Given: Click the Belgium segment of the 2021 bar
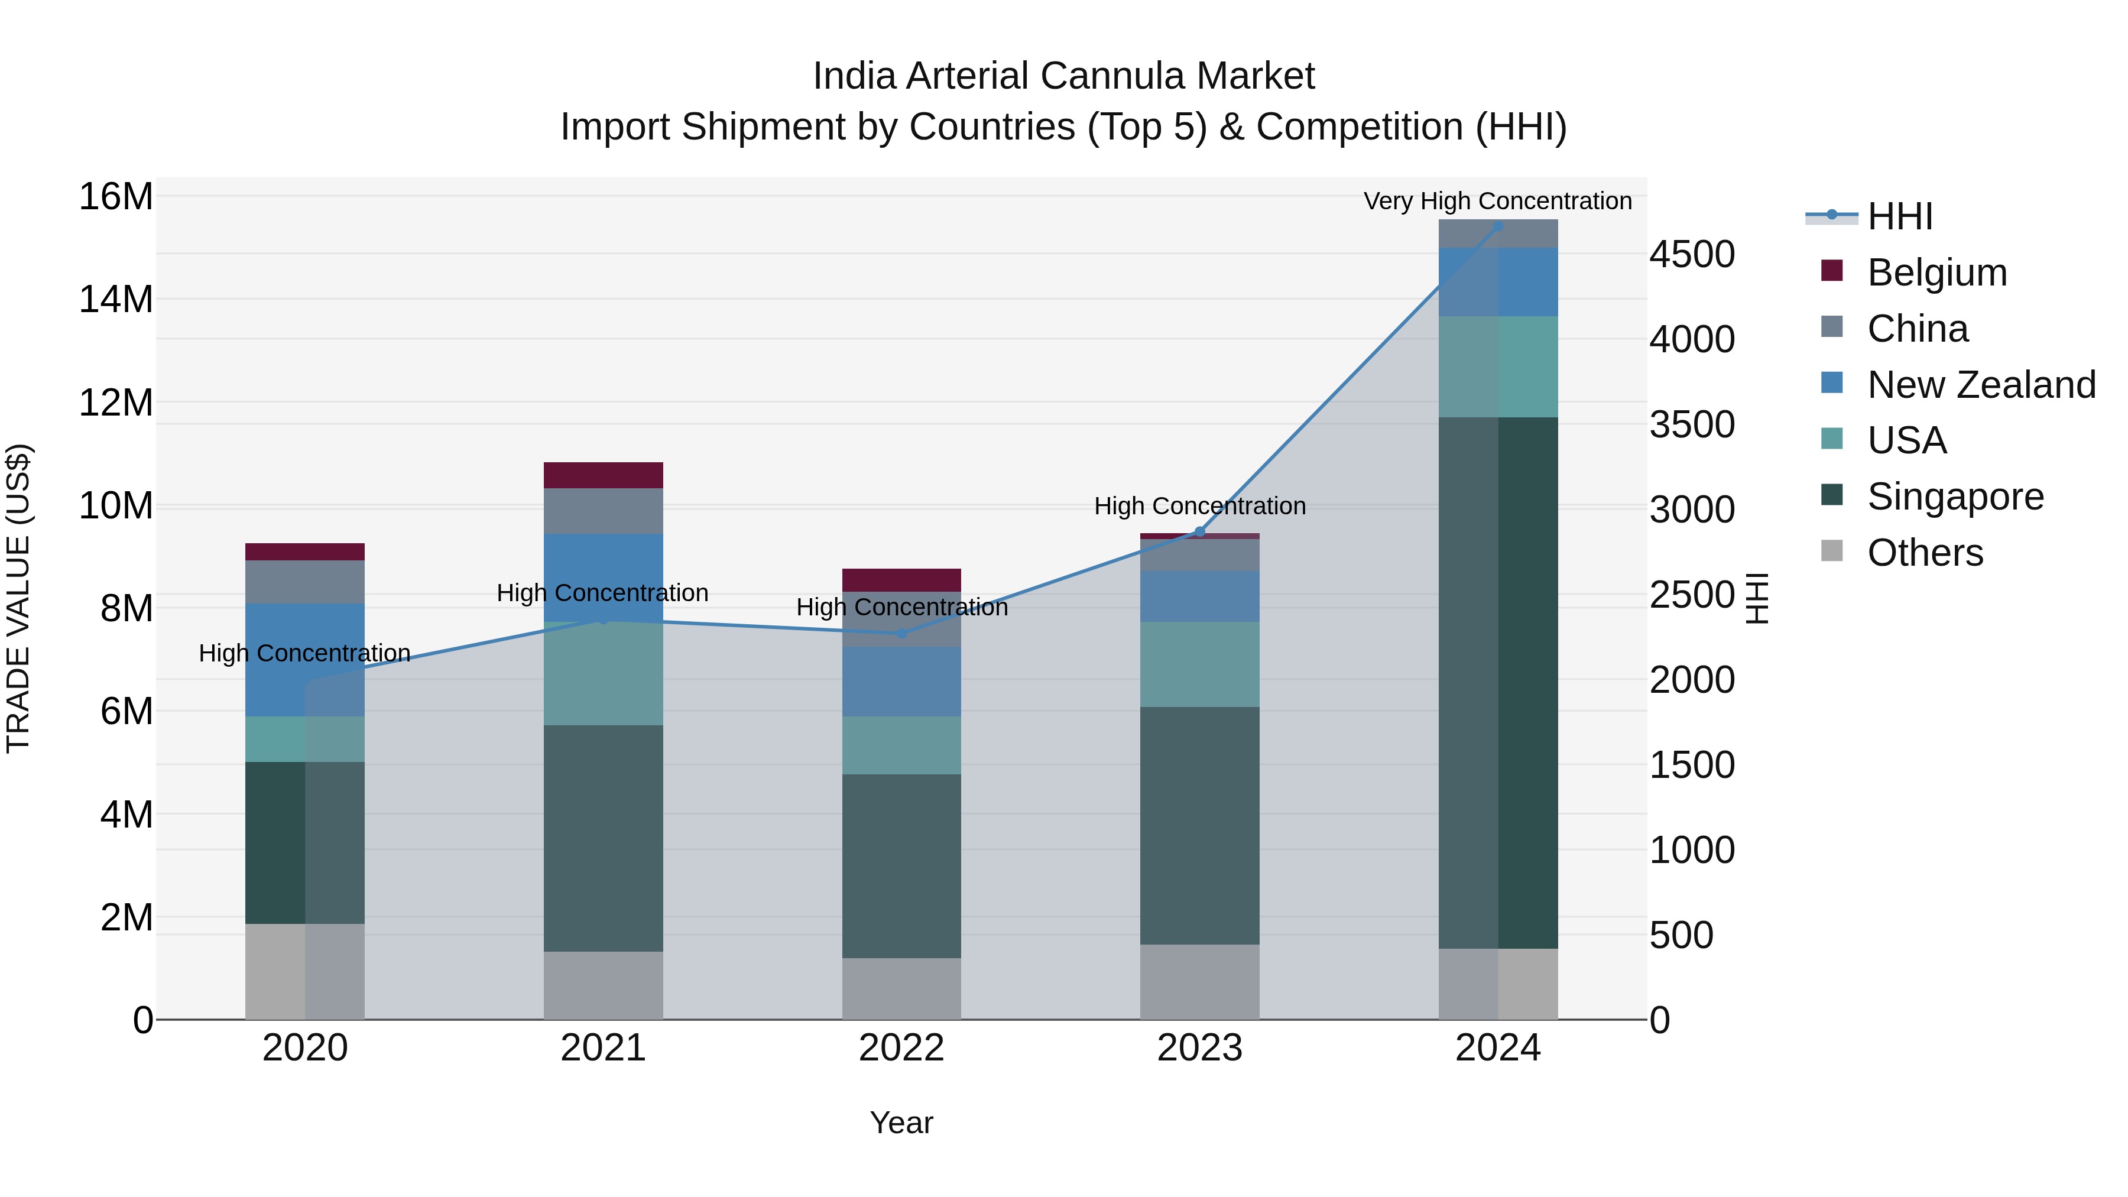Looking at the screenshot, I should (603, 475).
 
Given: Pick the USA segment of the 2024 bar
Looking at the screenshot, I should (1498, 366).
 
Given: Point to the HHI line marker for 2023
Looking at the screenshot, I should (1199, 531).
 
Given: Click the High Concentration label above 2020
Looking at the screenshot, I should (305, 653).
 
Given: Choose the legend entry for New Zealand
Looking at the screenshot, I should (1981, 385).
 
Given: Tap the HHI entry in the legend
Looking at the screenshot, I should (1899, 216).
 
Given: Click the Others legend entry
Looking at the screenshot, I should (1925, 553).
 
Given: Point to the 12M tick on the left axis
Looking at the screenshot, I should (116, 403).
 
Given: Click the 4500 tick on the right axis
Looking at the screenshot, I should (1692, 254).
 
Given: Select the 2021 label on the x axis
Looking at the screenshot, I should (603, 1048).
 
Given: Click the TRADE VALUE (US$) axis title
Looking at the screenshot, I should (18, 598).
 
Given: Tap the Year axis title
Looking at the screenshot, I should (901, 1123).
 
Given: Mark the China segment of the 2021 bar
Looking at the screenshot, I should (603, 511).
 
